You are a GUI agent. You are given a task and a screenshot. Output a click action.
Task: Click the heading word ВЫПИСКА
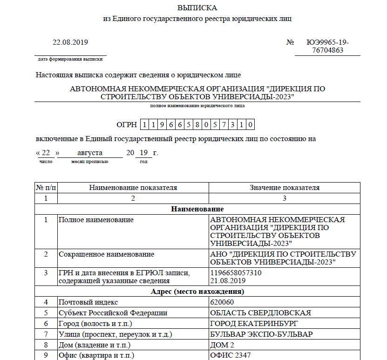(197, 8)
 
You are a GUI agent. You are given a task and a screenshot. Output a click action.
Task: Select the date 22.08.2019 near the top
(70, 42)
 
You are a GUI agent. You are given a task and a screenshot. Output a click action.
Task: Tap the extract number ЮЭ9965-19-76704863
(327, 46)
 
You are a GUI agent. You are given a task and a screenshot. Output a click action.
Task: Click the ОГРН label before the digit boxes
(126, 125)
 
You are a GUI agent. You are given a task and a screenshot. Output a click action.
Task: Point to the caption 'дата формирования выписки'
(70, 59)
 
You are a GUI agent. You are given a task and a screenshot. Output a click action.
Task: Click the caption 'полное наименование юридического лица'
(197, 106)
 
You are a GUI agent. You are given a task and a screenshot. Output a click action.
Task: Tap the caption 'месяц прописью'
(90, 161)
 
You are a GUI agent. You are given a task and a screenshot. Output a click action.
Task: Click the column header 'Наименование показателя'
(133, 188)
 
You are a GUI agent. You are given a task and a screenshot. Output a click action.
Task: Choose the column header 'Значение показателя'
(285, 188)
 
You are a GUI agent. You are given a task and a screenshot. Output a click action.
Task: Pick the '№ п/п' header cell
(46, 188)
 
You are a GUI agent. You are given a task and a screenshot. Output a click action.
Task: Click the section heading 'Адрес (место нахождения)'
(197, 292)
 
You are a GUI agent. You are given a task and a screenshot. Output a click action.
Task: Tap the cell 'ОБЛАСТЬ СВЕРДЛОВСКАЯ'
(261, 313)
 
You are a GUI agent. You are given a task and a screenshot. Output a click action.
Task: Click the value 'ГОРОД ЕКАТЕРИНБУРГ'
(254, 324)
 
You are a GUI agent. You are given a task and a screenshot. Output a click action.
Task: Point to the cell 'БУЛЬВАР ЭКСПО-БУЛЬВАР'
(261, 334)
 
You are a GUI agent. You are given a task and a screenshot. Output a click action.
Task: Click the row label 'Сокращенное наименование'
(106, 255)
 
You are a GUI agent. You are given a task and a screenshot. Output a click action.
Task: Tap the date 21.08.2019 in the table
(228, 281)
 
